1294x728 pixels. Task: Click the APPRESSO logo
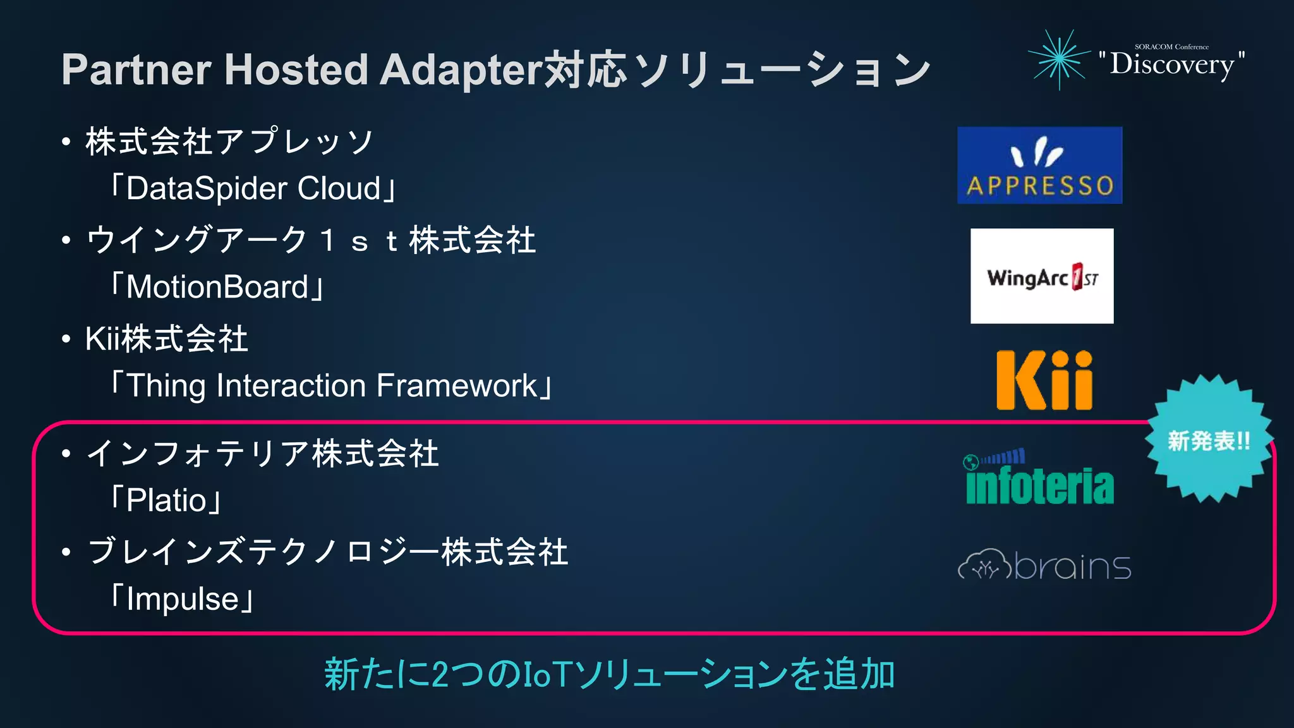click(1039, 166)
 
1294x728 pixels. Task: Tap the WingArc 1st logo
click(1042, 276)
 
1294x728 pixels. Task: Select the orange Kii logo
click(1044, 380)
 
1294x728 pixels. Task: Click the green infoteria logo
click(1040, 478)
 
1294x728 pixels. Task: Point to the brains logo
click(1044, 565)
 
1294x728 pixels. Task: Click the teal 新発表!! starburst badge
click(1209, 440)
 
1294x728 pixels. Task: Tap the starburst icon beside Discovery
click(1060, 59)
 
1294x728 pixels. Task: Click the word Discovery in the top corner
click(1172, 64)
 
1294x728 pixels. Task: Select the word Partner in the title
click(136, 70)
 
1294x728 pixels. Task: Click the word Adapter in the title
click(461, 70)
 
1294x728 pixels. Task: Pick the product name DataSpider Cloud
click(253, 188)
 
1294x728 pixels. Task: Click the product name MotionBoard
click(217, 287)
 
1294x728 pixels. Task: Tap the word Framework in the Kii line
click(457, 385)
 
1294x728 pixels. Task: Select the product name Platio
click(166, 500)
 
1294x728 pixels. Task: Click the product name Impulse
click(183, 599)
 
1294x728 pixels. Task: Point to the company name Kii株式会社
click(167, 339)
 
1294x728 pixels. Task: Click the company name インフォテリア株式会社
click(263, 454)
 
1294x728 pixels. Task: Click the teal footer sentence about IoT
click(609, 674)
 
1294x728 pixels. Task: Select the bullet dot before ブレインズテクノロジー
click(66, 552)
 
